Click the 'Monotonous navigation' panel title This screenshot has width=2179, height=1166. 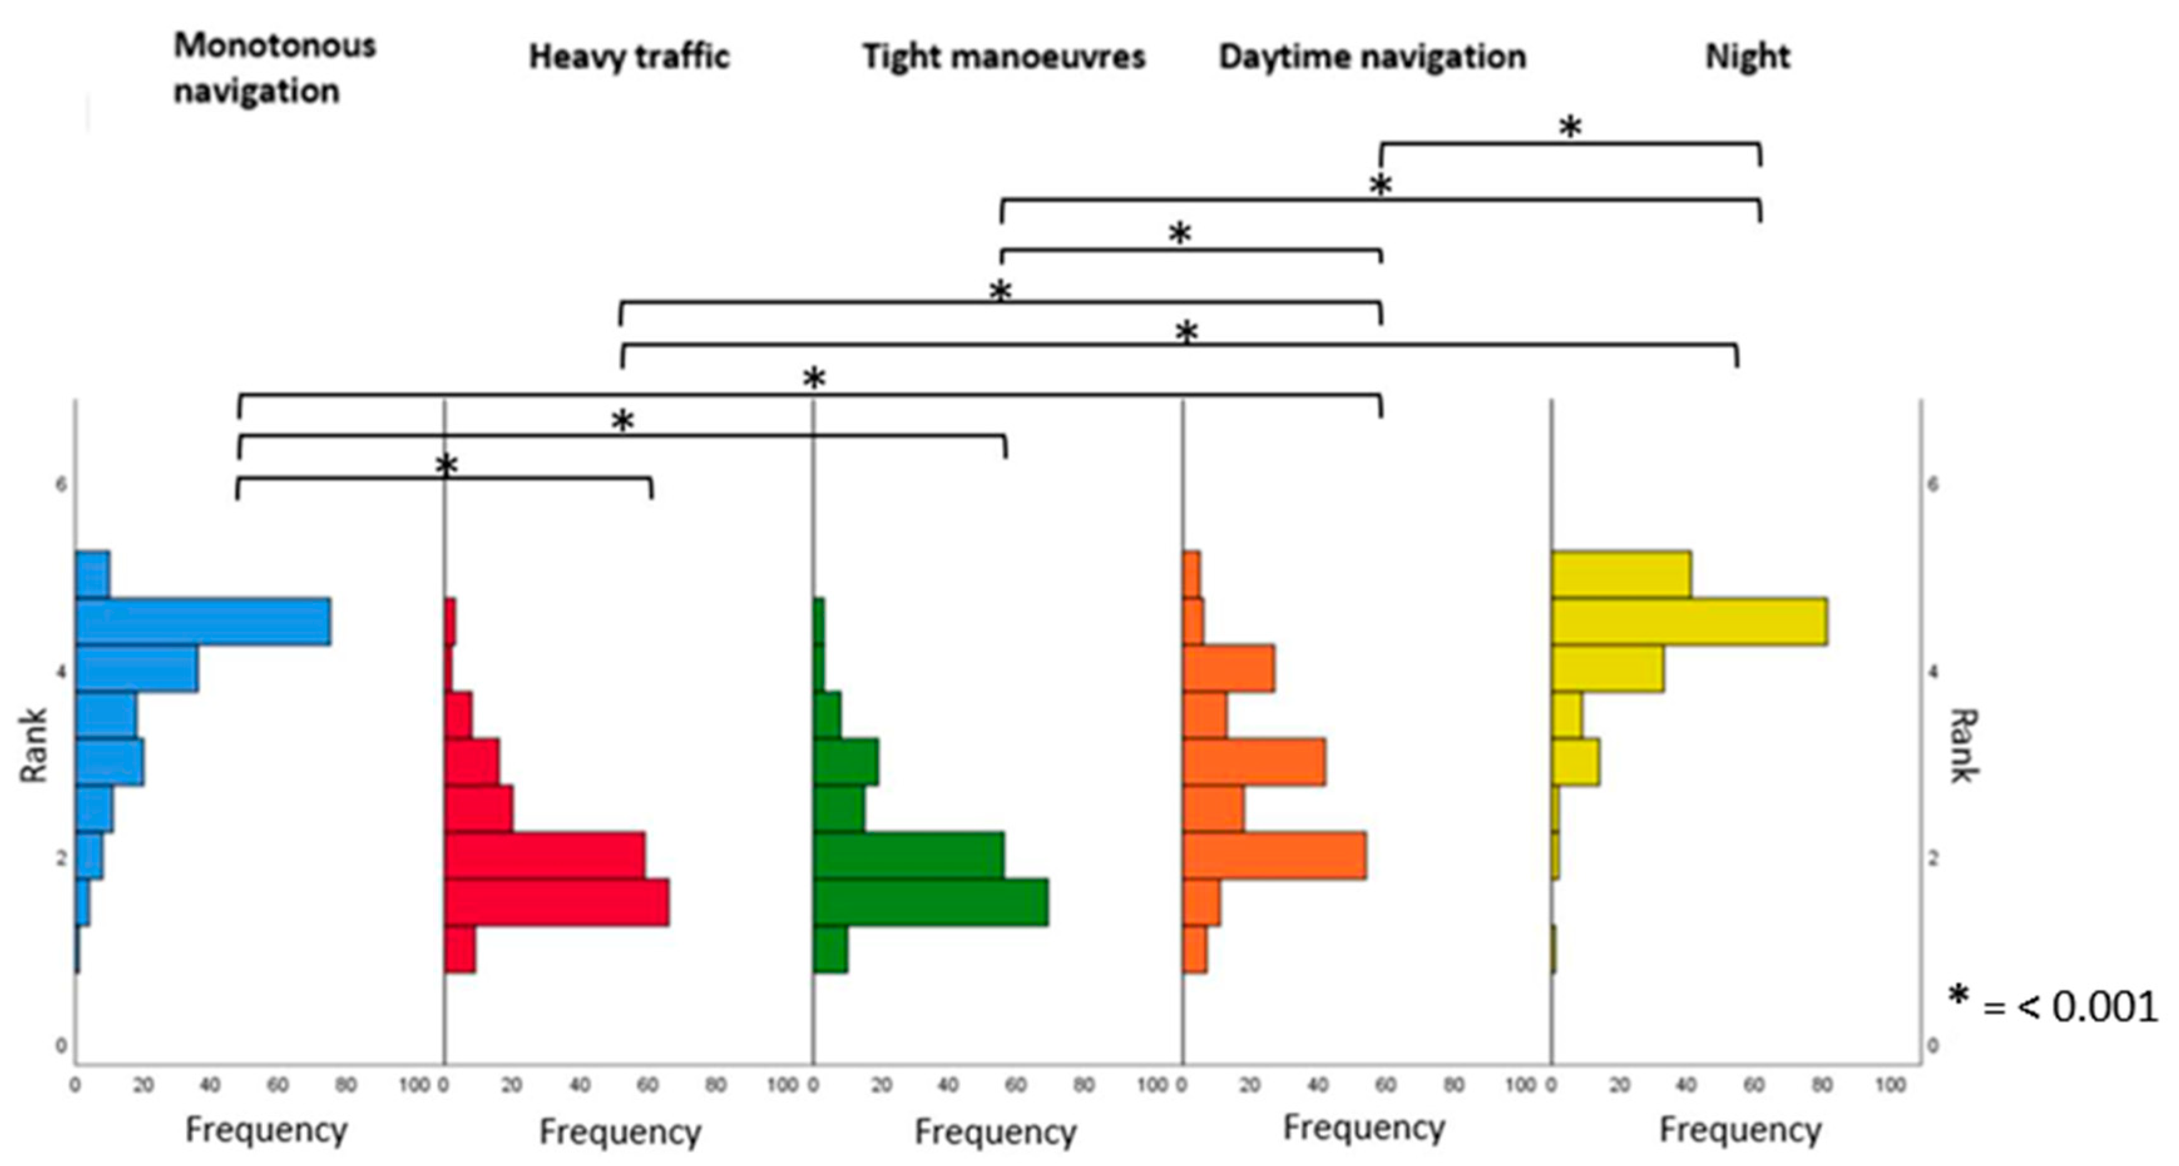[274, 68]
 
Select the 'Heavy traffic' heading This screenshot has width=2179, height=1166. [629, 56]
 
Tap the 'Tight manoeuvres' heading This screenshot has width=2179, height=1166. [1003, 56]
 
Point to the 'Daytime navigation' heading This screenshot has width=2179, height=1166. [1372, 56]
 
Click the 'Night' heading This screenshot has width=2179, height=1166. [1747, 56]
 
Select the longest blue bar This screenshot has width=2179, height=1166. [203, 621]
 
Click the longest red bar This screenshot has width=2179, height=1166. [557, 902]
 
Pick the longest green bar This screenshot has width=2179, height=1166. [931, 902]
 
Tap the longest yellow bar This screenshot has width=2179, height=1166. [1689, 621]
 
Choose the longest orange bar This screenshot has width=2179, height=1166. [1274, 855]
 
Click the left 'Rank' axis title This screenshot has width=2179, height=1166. [34, 746]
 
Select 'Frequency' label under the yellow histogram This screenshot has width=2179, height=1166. [1740, 1130]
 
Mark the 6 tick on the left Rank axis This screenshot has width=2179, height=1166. [60, 485]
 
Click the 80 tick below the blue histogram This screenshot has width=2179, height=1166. [346, 1085]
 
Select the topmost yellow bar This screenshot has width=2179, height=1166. [1621, 574]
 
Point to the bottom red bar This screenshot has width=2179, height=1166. [459, 949]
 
